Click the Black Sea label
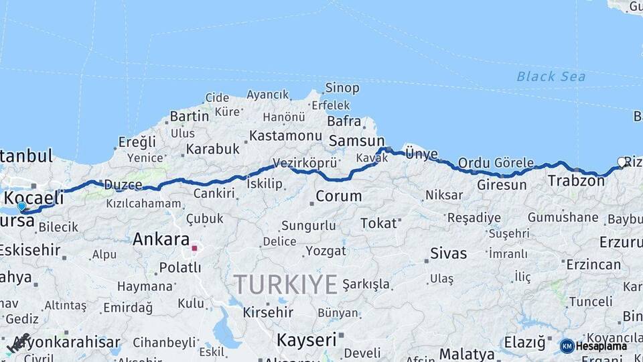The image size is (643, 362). (x=551, y=76)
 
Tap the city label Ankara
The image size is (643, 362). (x=161, y=239)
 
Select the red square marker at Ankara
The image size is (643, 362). (x=195, y=248)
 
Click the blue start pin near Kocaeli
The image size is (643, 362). (x=21, y=206)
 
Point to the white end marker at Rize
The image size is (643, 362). (x=622, y=162)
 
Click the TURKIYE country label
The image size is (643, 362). (x=285, y=285)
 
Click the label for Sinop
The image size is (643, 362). (x=342, y=88)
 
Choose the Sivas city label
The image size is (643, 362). (x=448, y=253)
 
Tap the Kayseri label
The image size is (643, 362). (x=306, y=340)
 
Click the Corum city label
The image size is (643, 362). (x=338, y=196)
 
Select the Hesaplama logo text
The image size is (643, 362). (x=601, y=346)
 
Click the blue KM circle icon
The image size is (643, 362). (x=567, y=346)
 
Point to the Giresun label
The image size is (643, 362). (x=502, y=184)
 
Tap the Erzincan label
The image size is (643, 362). (x=593, y=264)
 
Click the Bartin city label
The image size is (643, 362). (x=190, y=116)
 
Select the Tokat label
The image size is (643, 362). (x=378, y=223)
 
